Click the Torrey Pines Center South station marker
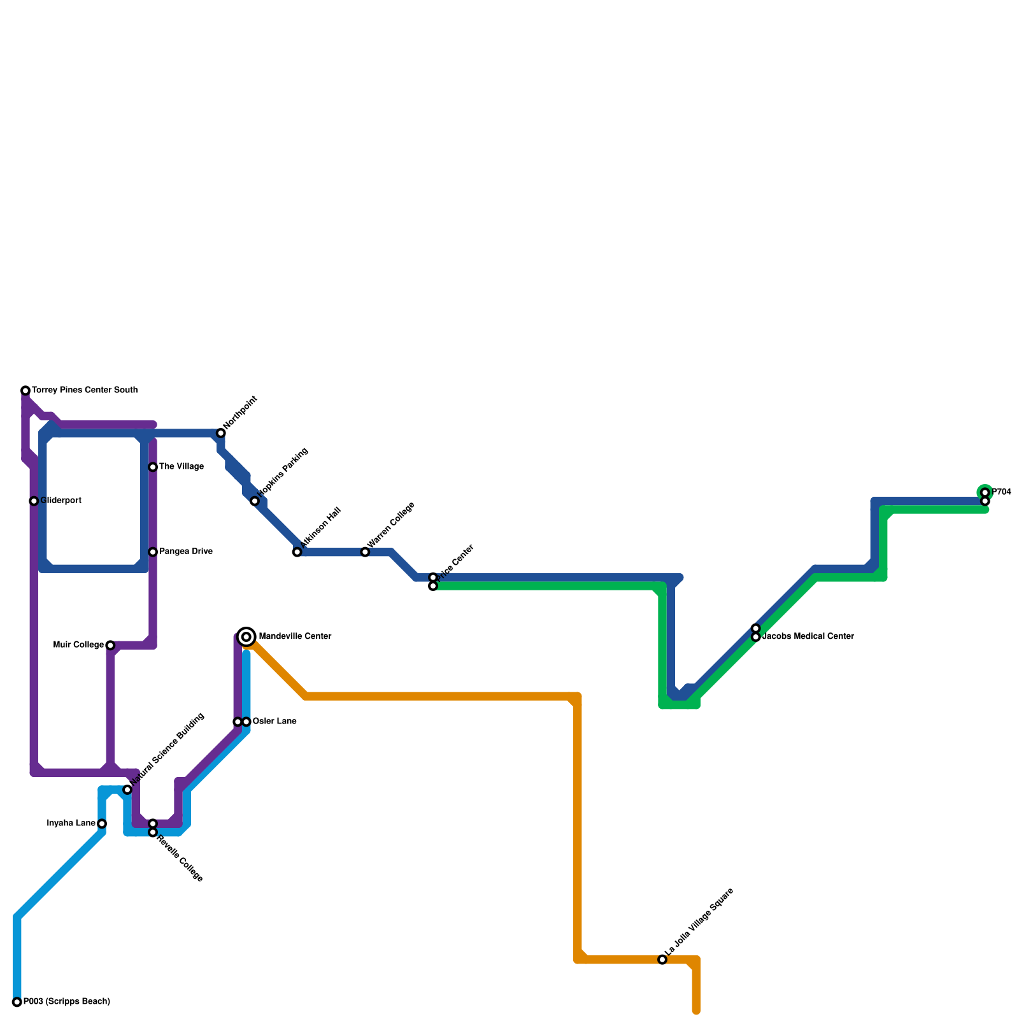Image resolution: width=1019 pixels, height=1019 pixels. (x=25, y=390)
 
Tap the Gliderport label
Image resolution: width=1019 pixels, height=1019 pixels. (x=61, y=501)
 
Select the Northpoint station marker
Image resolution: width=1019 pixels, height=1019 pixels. (x=221, y=433)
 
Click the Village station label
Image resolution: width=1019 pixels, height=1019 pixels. (x=181, y=467)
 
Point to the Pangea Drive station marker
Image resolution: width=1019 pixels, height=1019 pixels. (x=153, y=552)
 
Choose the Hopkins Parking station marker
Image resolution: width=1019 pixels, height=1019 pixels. (x=255, y=501)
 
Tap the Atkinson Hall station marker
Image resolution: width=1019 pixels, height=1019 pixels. (x=297, y=552)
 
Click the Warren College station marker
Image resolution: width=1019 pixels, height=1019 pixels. (x=365, y=552)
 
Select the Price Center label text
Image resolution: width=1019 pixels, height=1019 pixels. (x=456, y=561)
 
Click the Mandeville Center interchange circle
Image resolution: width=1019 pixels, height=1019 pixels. (x=246, y=637)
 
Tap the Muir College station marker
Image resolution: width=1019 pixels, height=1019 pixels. (x=110, y=645)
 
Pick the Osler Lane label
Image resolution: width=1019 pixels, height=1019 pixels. (x=274, y=722)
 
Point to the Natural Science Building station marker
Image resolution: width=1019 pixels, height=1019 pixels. (x=127, y=790)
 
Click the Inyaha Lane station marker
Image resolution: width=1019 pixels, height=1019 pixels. (x=102, y=823)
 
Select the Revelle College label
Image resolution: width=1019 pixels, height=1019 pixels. (x=180, y=858)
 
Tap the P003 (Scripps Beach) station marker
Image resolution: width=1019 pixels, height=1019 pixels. (x=17, y=1002)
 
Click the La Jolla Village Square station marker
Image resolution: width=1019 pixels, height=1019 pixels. (x=662, y=959)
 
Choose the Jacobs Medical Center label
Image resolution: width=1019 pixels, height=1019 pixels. (x=808, y=636)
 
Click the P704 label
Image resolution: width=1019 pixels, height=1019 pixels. (x=1001, y=492)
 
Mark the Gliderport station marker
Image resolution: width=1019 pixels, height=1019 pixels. (x=34, y=501)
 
